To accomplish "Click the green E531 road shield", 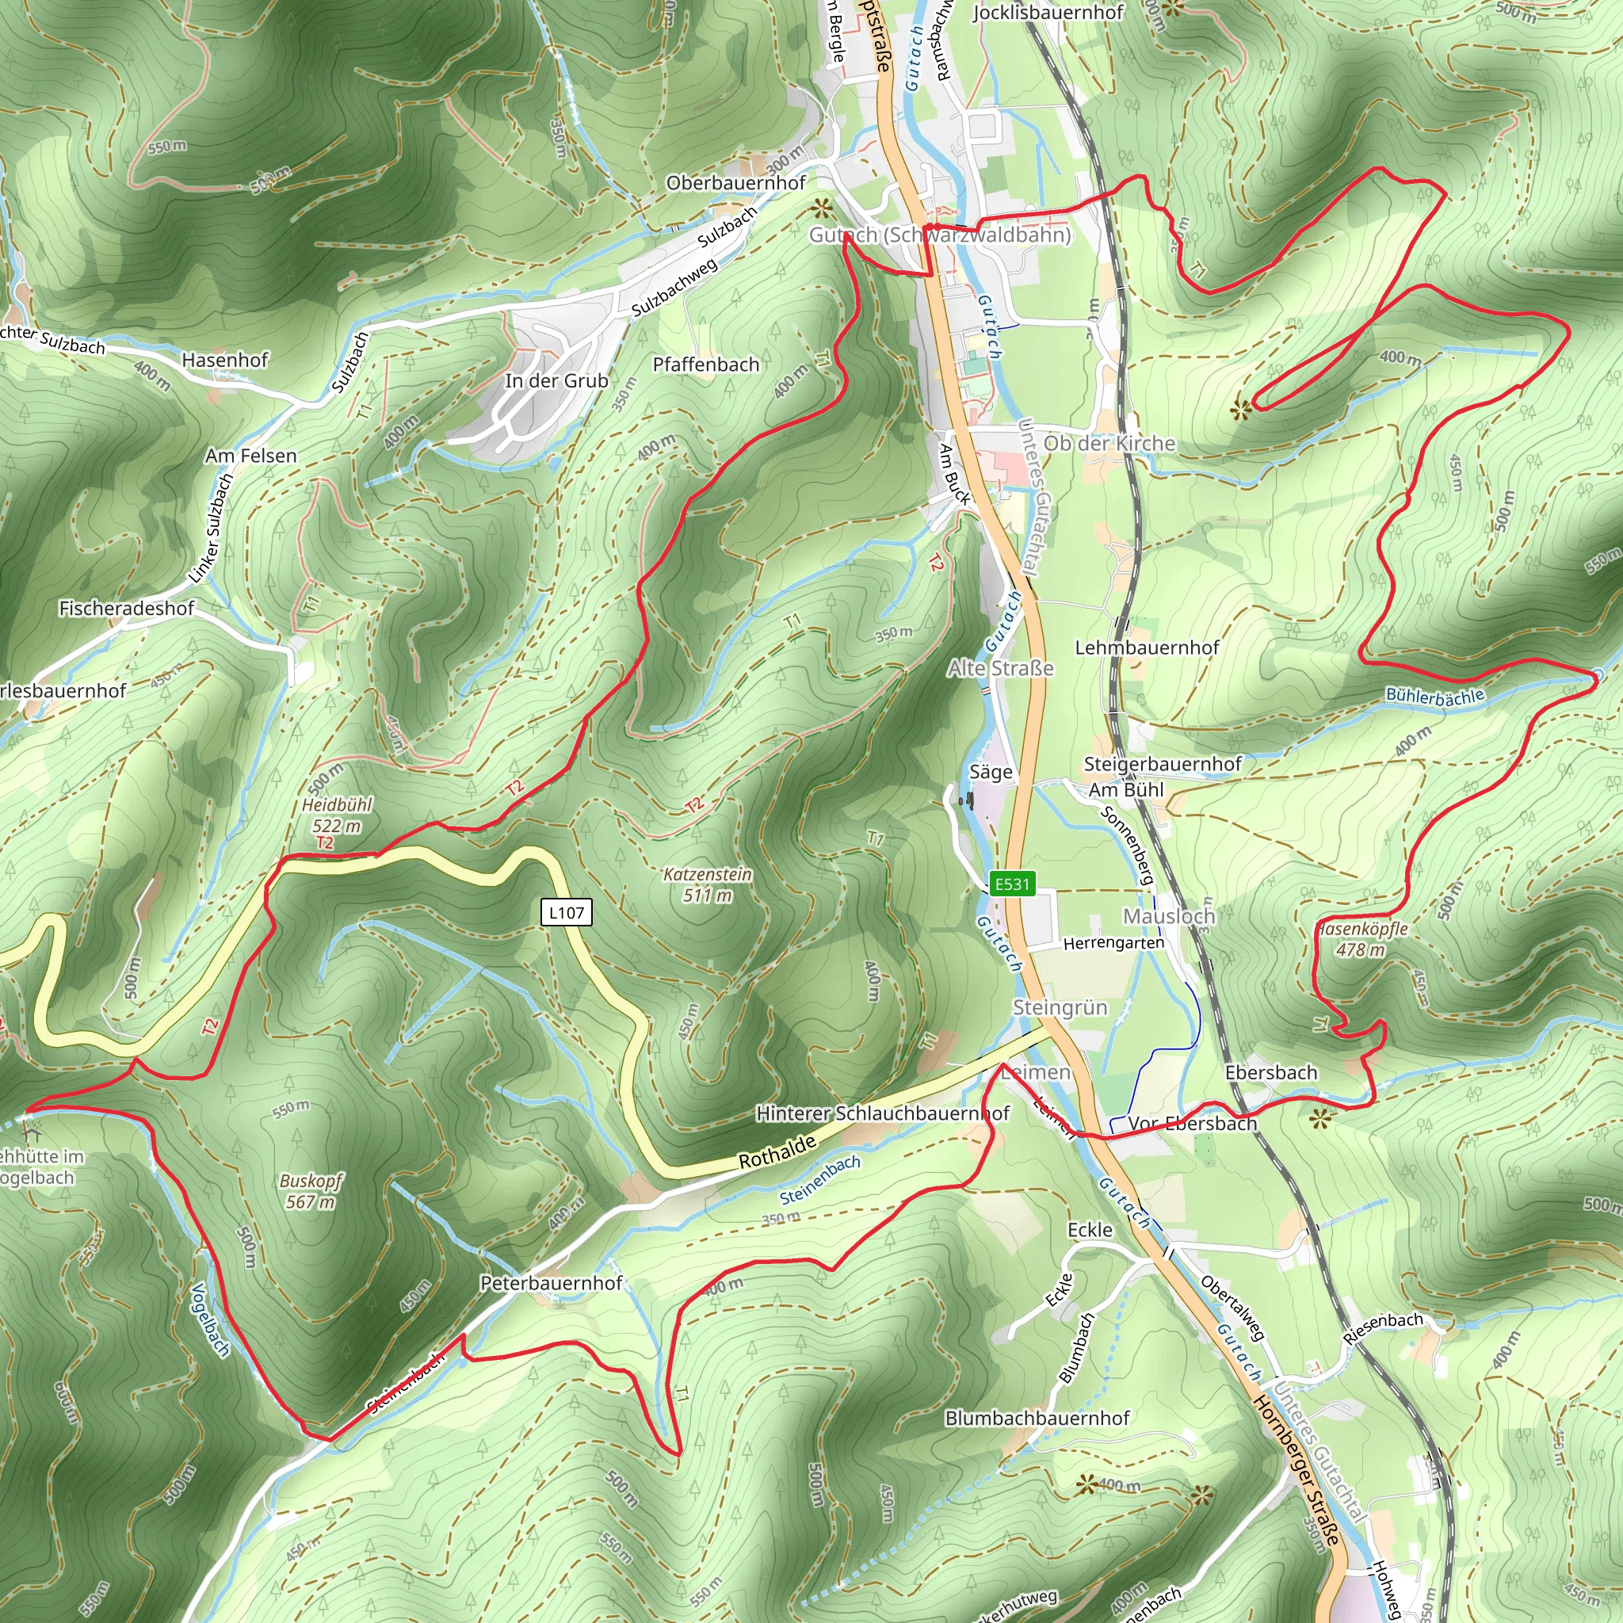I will coord(1011,884).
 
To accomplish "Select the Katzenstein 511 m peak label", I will coord(708,884).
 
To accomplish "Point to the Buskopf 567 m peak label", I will coord(311,1191).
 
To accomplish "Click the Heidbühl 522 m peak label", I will coord(336,815).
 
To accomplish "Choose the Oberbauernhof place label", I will coord(736,182).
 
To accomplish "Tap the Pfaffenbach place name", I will coord(705,365).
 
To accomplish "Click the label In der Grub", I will coord(556,380).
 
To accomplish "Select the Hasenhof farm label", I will coord(225,360).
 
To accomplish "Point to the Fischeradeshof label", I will coord(126,607).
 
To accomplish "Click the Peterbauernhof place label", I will coord(551,1283).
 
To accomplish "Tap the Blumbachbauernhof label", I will coord(1037,1418).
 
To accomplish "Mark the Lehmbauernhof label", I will coord(1147,647).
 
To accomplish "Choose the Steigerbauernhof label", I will coord(1162,764).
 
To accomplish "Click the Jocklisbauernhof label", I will coord(1048,13).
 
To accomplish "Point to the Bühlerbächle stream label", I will coord(1435,696).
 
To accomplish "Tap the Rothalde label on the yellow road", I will coord(777,1151).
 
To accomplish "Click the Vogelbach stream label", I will coord(210,1319).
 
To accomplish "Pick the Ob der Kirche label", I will coord(1109,443).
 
